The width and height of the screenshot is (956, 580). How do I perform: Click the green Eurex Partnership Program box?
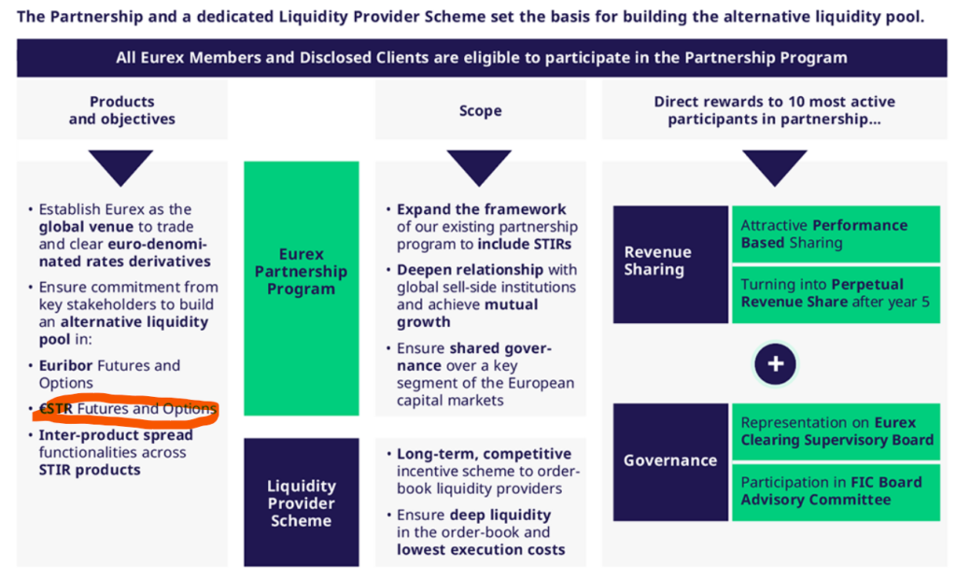point(302,288)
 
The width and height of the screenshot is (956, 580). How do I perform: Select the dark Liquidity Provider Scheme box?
point(302,502)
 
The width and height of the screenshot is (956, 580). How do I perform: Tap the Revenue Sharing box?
point(670,264)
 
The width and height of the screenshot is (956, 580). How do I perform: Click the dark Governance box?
point(670,461)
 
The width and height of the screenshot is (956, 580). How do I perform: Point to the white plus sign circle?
point(775,364)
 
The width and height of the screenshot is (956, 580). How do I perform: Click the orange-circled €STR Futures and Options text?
point(128,409)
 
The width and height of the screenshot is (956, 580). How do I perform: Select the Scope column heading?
point(481,110)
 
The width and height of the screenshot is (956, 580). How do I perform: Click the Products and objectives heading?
point(122,110)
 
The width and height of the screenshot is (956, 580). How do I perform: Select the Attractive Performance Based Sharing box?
point(836,234)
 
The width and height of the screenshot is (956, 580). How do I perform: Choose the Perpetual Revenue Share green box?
point(836,294)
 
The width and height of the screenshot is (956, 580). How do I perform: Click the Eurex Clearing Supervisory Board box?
point(836,431)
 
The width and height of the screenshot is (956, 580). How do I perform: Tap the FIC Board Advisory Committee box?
point(836,492)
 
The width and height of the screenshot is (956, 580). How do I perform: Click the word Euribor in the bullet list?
point(66,365)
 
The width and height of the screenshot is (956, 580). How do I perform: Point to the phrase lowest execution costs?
point(481,549)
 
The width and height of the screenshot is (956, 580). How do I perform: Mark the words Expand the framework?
point(481,209)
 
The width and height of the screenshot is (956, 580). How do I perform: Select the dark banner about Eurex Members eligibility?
point(482,57)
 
